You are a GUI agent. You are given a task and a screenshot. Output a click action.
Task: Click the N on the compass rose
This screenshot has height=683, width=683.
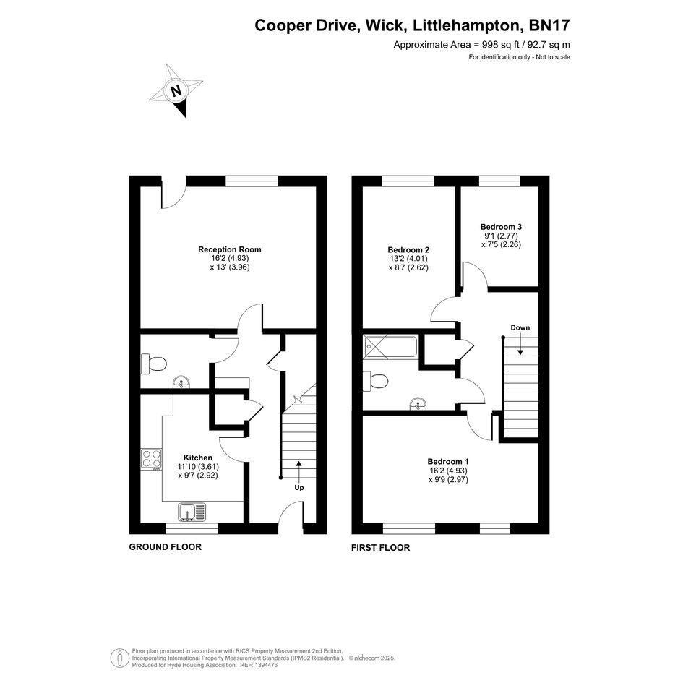[x=176, y=91]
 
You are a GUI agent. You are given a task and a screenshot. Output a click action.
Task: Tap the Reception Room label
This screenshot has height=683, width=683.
[x=230, y=249]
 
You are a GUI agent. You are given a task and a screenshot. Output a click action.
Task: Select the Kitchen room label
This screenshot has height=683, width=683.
[x=198, y=458]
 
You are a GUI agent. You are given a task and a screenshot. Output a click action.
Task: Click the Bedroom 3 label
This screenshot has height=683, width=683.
[x=501, y=227]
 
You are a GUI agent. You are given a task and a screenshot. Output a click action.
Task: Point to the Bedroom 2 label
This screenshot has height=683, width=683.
[x=408, y=250]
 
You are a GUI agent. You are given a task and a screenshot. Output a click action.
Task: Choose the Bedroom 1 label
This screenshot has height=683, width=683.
[x=448, y=462]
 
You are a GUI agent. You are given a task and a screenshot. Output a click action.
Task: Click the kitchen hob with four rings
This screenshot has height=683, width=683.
[x=151, y=460]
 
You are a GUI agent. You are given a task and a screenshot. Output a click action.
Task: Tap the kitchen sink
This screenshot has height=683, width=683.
[x=192, y=512]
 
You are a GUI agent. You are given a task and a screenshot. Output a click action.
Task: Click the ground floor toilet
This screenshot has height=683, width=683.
[x=153, y=364]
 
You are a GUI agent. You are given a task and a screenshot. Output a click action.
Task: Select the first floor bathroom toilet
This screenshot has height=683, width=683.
[x=376, y=382]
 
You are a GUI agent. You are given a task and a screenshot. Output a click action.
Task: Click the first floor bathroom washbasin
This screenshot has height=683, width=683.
[x=418, y=404]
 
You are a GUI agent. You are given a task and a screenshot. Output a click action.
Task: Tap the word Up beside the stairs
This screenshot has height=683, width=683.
[x=299, y=488]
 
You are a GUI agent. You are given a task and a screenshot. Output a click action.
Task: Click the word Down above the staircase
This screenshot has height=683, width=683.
[x=520, y=328]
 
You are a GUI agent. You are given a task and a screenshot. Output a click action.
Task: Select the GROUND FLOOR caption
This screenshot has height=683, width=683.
[x=165, y=547]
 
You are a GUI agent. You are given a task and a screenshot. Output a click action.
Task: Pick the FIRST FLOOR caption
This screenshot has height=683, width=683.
[x=381, y=548]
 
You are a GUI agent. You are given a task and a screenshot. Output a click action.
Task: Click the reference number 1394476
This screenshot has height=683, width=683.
[x=266, y=665]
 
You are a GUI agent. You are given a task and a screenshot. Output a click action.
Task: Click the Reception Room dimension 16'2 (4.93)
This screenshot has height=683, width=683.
[x=230, y=258]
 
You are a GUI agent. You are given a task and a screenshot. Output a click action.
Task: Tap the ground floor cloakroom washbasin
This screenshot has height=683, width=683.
[x=181, y=382]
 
